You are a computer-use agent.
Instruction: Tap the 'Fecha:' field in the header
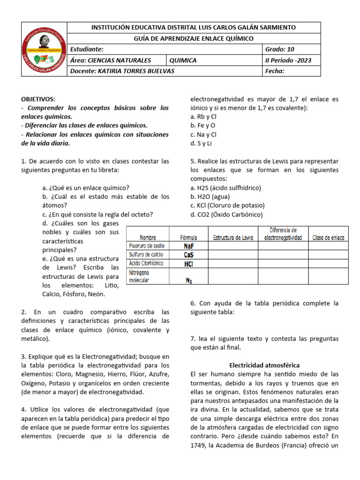point(275,71)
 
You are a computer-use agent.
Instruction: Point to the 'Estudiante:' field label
point(87,49)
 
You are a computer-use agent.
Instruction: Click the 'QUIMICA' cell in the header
point(183,60)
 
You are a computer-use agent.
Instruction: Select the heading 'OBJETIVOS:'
point(38,99)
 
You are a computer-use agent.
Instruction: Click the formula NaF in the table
point(189,246)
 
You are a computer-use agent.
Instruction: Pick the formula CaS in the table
point(189,255)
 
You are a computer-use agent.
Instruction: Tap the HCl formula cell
point(189,264)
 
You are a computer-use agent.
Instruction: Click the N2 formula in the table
point(189,280)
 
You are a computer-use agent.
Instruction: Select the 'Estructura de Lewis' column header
point(233,238)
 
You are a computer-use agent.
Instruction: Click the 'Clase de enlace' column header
point(328,238)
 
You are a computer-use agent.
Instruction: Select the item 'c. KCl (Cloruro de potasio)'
point(227,205)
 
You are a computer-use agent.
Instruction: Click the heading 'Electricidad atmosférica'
point(264,365)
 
